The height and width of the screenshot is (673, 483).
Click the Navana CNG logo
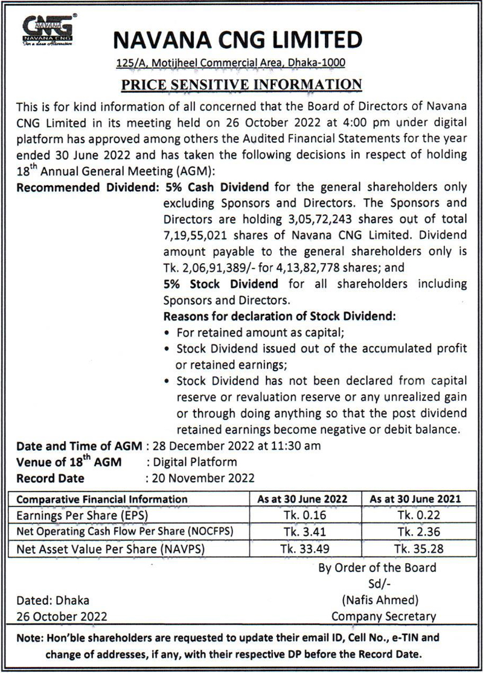tap(48, 30)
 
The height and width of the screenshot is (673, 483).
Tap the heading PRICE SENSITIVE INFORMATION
tap(241, 83)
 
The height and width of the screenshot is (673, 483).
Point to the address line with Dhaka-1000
tap(231, 63)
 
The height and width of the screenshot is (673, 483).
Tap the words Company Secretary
tap(384, 616)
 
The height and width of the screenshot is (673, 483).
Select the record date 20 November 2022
tap(203, 478)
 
